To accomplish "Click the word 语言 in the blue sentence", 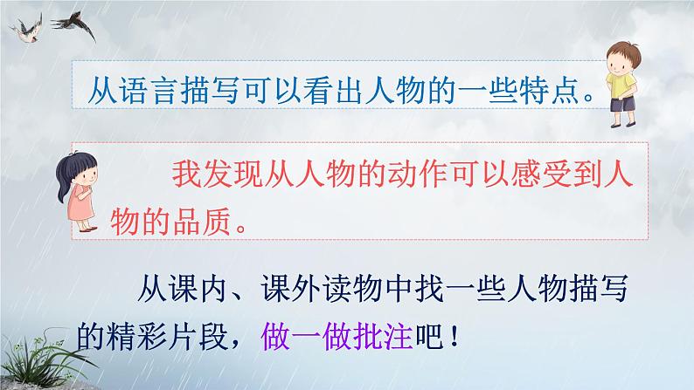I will (155, 90).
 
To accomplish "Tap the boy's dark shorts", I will (625, 104).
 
